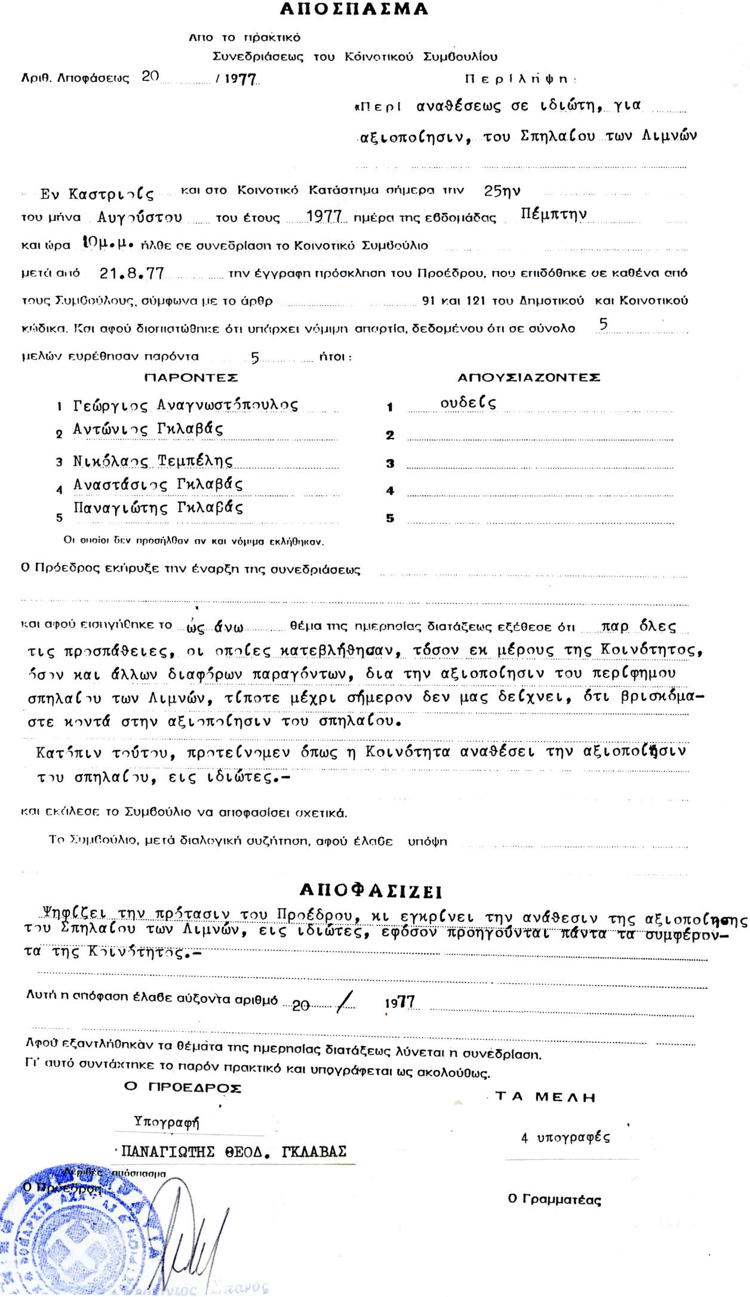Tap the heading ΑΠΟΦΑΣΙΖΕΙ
370,891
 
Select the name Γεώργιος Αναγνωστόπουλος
185,405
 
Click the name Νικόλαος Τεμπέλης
153,461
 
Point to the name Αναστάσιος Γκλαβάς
158,484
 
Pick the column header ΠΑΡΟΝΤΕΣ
191,378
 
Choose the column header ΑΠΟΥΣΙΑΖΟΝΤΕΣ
528,378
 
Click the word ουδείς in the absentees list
468,403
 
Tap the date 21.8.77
132,273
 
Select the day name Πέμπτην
554,214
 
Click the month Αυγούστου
140,217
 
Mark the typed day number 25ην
502,191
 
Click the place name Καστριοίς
97,194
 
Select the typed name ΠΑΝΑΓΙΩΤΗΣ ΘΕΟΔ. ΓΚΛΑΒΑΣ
233,1152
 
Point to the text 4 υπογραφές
565,1137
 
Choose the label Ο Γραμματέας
554,1199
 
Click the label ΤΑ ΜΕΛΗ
546,1097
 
